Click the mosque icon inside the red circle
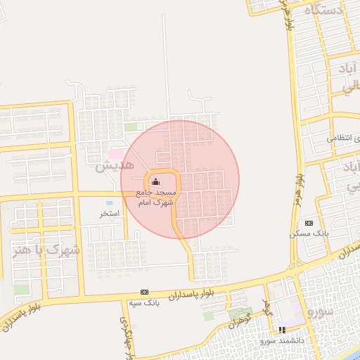155,183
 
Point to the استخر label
110,213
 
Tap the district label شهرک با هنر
46,250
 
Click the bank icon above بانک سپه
144,292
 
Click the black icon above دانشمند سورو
282,330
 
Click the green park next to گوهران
240,312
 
